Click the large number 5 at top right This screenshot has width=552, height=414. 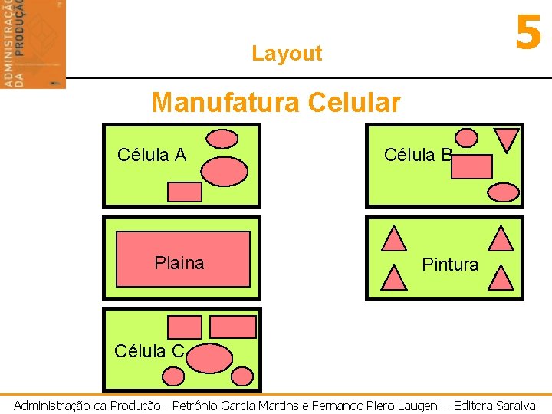click(x=528, y=34)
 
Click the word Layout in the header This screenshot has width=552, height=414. click(x=287, y=54)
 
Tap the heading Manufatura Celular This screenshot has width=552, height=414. click(x=276, y=102)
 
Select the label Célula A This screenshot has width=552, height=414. click(x=152, y=155)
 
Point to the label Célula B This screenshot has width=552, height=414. click(x=418, y=155)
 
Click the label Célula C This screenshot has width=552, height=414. click(x=149, y=351)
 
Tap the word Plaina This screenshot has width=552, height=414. click(x=179, y=264)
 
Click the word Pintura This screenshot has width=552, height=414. click(x=450, y=264)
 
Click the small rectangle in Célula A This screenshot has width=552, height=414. click(x=184, y=192)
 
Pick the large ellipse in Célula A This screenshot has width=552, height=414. click(x=225, y=172)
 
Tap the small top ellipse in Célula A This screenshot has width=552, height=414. click(x=223, y=139)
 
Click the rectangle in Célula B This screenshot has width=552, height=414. click(x=472, y=166)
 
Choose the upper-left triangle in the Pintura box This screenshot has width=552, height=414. click(x=394, y=239)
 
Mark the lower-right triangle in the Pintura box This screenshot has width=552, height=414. click(x=501, y=277)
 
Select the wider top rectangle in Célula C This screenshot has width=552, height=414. click(x=233, y=327)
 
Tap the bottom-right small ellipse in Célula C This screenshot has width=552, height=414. click(x=242, y=376)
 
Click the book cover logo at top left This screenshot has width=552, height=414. click(x=33, y=44)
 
